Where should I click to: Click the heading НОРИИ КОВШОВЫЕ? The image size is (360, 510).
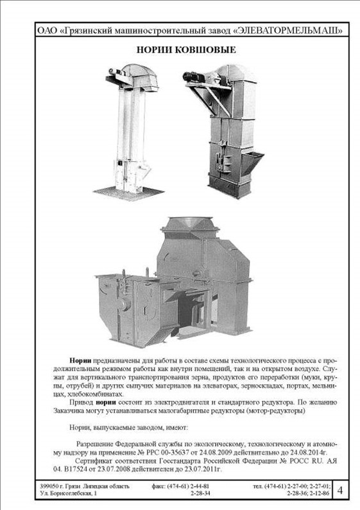click(x=186, y=49)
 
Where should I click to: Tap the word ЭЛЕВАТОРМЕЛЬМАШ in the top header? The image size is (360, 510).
click(x=287, y=31)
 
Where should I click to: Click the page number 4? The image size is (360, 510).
click(x=340, y=490)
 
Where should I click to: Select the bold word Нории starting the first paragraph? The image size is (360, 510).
click(x=81, y=360)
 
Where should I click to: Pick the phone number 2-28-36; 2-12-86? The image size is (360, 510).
click(x=308, y=493)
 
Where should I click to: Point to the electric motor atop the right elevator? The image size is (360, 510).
click(x=193, y=77)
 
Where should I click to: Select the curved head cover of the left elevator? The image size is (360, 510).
click(x=140, y=74)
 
